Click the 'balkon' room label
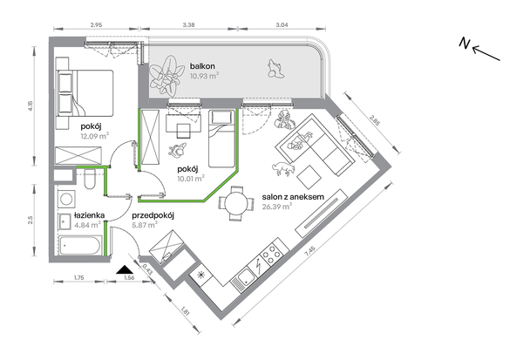coord(202,66)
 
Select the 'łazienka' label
coord(90,215)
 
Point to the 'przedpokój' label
coord(153,215)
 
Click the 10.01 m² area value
coord(191,179)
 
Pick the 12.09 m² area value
coord(95,136)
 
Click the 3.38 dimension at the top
coord(189,24)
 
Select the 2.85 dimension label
coord(375,120)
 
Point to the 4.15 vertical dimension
coord(31,105)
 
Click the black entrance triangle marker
coord(125,269)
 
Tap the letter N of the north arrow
coord(465,44)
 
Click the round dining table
coord(236,203)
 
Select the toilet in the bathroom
coord(90,180)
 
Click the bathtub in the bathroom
coord(80,246)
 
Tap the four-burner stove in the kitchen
coord(272,253)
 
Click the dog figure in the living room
coord(283,168)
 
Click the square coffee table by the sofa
coord(309,177)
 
